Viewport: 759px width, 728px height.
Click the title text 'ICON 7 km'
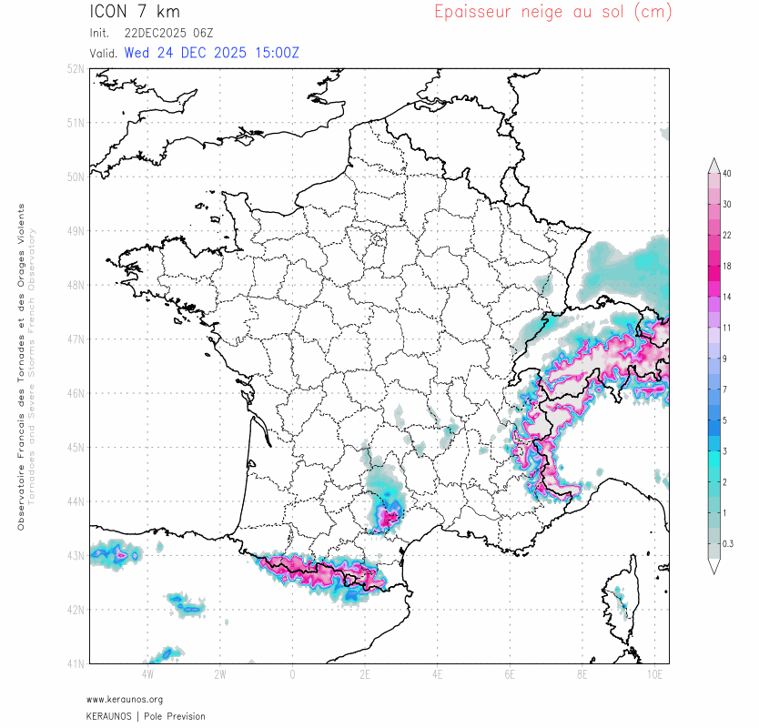tap(135, 12)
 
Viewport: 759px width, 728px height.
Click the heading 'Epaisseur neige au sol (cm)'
tap(552, 12)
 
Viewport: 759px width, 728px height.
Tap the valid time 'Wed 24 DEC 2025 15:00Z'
tap(211, 53)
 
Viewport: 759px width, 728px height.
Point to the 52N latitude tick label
tap(76, 69)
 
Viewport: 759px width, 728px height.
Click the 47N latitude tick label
tap(76, 339)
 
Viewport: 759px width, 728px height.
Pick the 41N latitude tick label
tap(76, 663)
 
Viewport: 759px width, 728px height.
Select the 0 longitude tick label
tap(292, 675)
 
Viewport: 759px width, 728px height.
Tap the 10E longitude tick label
tap(654, 675)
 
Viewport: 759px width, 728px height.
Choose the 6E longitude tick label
tap(510, 675)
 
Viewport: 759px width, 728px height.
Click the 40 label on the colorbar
tap(727, 173)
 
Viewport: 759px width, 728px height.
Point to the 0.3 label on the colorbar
tap(727, 543)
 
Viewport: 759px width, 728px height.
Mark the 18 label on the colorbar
tap(727, 266)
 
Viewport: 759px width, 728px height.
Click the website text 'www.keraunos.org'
tap(125, 700)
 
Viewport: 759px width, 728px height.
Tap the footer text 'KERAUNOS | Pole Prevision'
tap(146, 716)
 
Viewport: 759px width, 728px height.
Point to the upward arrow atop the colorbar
tap(713, 164)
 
